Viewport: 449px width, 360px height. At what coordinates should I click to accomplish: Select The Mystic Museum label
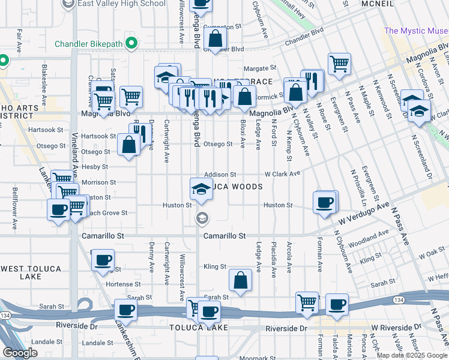coord(416,31)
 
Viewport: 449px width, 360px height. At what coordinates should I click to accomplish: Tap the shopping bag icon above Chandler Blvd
coord(214,40)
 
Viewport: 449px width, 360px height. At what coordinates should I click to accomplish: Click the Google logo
coord(20,353)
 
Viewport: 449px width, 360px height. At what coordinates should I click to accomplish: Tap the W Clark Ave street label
coord(282,174)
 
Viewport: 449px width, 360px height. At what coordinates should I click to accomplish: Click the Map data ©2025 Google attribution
coord(412,355)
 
